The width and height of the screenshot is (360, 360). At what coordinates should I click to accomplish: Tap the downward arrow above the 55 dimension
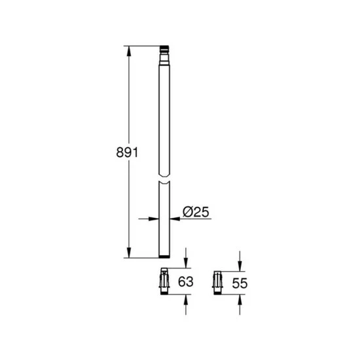coord(240,266)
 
